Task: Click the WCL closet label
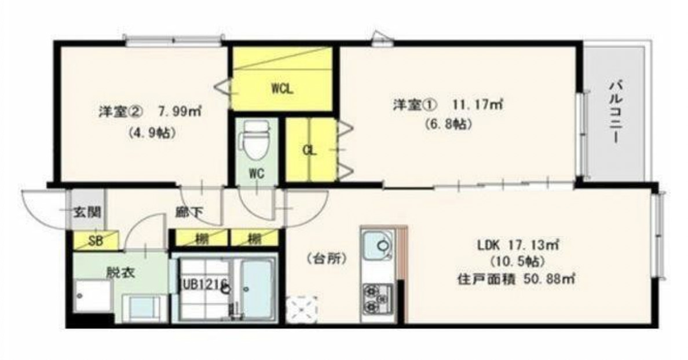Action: pos(283,90)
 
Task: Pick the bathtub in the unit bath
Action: pos(255,288)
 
